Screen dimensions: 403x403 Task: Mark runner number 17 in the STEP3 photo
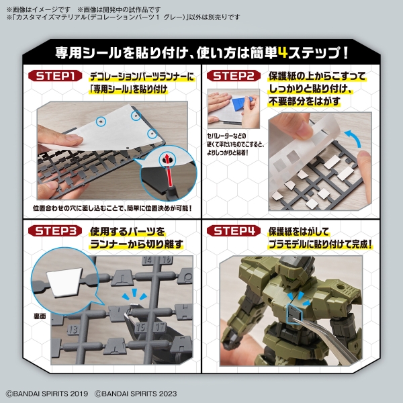(160, 327)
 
